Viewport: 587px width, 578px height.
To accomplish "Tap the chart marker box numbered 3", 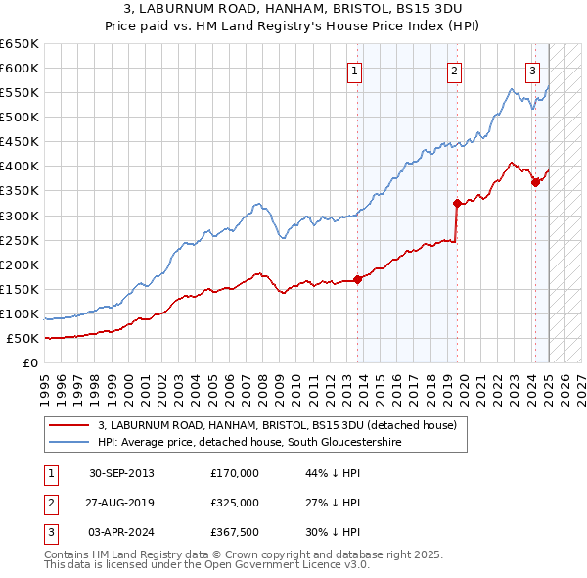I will pos(532,70).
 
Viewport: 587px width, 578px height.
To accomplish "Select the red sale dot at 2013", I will pos(358,279).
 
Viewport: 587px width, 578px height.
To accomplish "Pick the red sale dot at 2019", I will pos(457,203).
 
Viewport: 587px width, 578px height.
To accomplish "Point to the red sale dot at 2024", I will pos(535,182).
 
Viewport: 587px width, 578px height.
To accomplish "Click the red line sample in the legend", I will pos(68,425).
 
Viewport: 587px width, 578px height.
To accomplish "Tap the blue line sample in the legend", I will pos(68,442).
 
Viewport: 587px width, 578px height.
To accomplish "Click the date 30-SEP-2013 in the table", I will pos(121,473).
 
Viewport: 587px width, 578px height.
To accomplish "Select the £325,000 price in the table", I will pos(235,503).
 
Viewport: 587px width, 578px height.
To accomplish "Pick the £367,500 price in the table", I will pos(235,532).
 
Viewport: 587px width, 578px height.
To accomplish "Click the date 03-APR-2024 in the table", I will pos(121,532).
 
